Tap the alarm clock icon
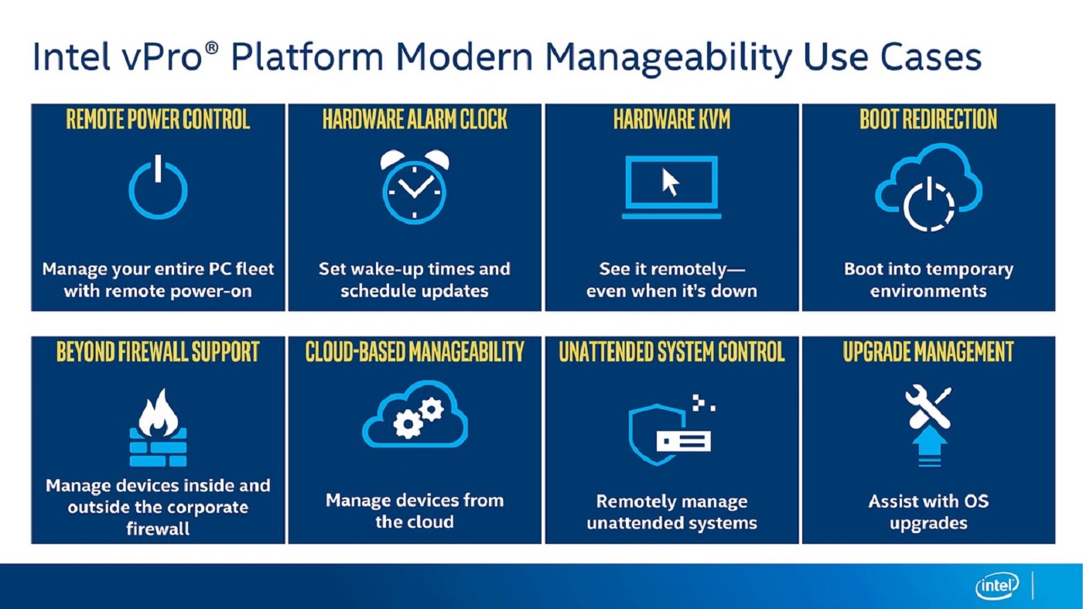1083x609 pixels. pos(415,186)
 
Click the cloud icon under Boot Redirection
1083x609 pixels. pos(928,187)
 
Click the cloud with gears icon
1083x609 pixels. pos(415,415)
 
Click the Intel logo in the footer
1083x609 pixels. pos(998,587)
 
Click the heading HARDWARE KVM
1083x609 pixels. pos(671,120)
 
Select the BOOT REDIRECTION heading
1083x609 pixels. pos(928,120)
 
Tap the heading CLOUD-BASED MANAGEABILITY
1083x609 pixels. pos(415,352)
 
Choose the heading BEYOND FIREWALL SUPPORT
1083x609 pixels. pos(158,352)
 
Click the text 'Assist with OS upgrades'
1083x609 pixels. pos(928,511)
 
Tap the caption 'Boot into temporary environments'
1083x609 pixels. pos(928,280)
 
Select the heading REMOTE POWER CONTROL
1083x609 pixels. pos(158,120)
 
